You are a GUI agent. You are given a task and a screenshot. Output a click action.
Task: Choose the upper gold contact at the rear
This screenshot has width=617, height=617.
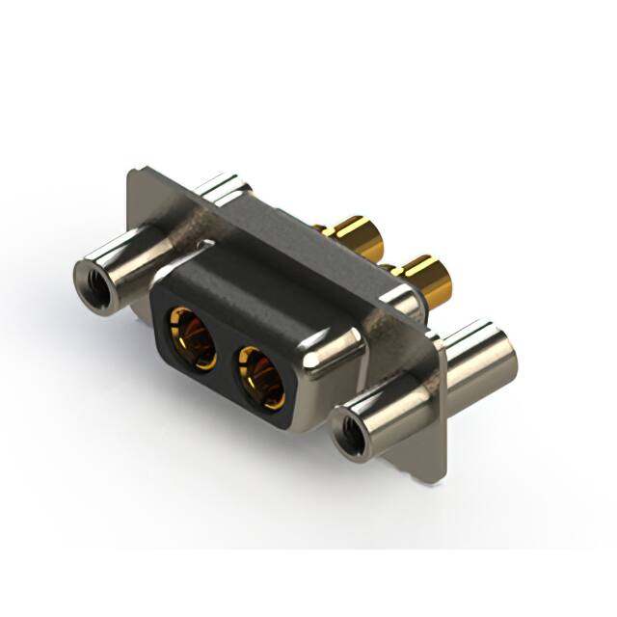click(358, 236)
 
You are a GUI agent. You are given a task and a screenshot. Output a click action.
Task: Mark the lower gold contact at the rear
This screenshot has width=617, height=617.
click(425, 280)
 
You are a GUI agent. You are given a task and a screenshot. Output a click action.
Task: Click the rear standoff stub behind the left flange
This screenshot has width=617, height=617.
click(223, 187)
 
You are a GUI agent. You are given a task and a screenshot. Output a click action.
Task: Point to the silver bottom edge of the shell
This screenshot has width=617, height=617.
click(289, 424)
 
